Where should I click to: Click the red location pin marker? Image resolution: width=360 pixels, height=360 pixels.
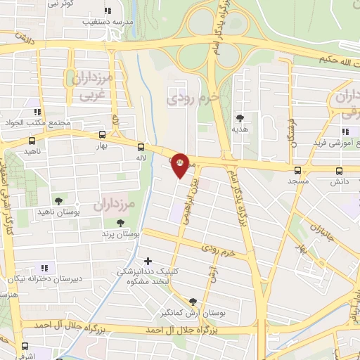tap(181, 165)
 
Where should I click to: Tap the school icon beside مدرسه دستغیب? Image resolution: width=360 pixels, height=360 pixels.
tap(107, 11)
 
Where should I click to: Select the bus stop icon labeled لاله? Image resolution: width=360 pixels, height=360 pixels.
tap(141, 147)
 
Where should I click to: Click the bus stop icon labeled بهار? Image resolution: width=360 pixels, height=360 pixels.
tap(103, 136)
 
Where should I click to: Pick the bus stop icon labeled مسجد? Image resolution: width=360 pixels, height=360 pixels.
tap(298, 169)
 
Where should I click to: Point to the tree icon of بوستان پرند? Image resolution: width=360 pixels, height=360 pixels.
tap(122, 222)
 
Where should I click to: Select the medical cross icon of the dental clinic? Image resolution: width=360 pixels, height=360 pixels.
tap(147, 262)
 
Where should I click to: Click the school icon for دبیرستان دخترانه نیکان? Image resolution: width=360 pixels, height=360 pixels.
tap(44, 267)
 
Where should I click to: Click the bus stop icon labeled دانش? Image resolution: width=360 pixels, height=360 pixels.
tap(338, 169)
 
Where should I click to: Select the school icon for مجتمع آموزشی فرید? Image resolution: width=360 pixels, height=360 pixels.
tap(345, 131)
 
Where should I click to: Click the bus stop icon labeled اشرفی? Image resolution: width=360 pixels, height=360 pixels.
tap(25, 346)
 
